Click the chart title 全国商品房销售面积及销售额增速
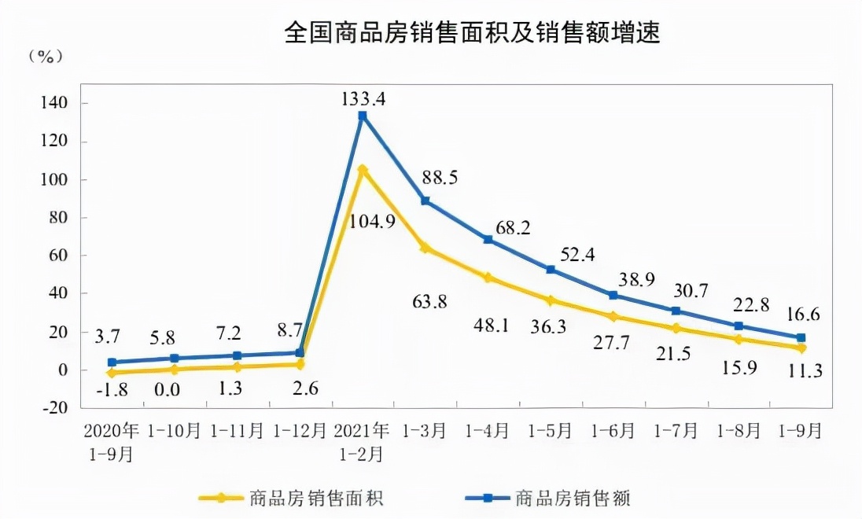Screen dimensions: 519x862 coord(471,34)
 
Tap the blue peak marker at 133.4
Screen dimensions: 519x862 coord(363,116)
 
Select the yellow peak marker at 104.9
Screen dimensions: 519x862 coord(363,169)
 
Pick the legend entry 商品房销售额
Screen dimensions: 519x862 coord(573,498)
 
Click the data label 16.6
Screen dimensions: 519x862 coord(801,315)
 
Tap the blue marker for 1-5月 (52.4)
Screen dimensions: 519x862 coord(551,270)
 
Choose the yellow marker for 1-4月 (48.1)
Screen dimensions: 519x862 coord(488,278)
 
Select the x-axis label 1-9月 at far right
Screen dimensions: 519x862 coord(801,431)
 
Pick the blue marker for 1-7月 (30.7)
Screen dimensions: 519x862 coord(676,311)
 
